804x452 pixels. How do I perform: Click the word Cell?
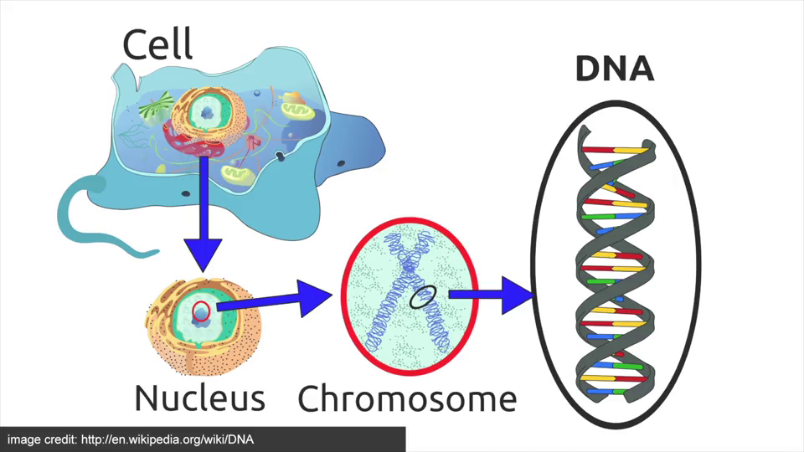(x=157, y=44)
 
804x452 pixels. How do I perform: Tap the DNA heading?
(x=614, y=69)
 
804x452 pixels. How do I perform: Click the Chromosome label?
(x=407, y=398)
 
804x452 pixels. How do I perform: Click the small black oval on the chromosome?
(x=423, y=295)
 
